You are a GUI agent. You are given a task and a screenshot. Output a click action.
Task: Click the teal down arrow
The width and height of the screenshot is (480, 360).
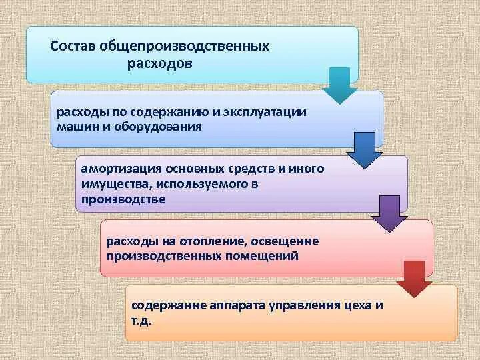point(340,85)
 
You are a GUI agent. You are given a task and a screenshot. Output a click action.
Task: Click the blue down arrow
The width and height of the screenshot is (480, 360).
point(365,150)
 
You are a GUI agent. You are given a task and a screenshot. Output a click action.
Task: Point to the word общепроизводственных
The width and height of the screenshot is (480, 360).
point(185,47)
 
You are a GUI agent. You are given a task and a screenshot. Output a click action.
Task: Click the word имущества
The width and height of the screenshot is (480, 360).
point(110,183)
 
